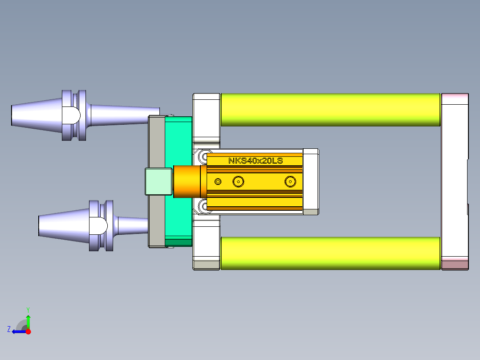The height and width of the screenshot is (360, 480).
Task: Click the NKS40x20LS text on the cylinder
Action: pyautogui.click(x=255, y=161)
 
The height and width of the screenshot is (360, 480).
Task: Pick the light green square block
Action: pyautogui.click(x=159, y=181)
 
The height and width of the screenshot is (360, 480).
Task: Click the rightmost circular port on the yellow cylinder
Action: pyautogui.click(x=290, y=181)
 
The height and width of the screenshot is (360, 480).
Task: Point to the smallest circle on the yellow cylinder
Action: pyautogui.click(x=218, y=181)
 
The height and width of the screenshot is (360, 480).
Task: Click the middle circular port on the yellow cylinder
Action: pyautogui.click(x=239, y=181)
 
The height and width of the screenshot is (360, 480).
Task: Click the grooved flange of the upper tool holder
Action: pyautogui.click(x=74, y=115)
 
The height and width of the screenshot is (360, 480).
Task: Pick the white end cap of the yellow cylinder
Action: pyautogui.click(x=310, y=181)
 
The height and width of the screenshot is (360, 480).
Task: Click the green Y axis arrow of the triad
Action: pyautogui.click(x=28, y=320)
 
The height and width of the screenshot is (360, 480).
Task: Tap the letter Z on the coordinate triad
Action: pyautogui.click(x=9, y=329)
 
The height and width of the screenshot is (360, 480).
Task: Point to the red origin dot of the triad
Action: pyautogui.click(x=28, y=331)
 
